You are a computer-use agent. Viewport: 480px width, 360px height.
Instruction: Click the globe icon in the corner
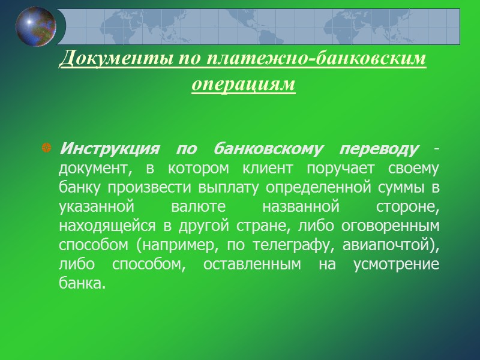pyautogui.click(x=35, y=26)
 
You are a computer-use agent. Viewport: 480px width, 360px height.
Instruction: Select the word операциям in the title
pyautogui.click(x=244, y=84)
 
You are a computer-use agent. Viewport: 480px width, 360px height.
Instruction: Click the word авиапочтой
pyautogui.click(x=388, y=246)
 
